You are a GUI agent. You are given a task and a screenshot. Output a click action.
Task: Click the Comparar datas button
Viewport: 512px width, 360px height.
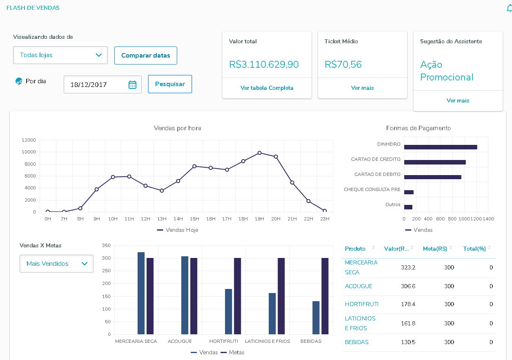[x=145, y=56]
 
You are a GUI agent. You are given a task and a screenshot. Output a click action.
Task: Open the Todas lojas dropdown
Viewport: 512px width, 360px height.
[x=60, y=55]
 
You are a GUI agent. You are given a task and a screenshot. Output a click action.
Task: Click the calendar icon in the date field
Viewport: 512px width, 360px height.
[x=132, y=84]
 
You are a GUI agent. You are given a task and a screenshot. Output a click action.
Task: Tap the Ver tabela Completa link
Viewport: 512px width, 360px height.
[x=267, y=88]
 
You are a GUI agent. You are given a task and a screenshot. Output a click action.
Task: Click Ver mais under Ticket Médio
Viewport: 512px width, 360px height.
[x=362, y=88]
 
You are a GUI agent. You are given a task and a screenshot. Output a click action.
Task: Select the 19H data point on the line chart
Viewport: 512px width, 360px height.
[x=259, y=153]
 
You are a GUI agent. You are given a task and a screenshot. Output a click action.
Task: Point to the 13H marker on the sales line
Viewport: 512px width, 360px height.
[x=162, y=191]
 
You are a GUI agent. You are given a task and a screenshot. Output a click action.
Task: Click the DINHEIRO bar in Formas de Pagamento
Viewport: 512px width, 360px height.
[x=440, y=147]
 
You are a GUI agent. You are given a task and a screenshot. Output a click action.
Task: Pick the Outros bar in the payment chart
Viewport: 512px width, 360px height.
[x=408, y=207]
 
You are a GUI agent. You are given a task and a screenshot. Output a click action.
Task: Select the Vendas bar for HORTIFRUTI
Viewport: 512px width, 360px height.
[x=228, y=311]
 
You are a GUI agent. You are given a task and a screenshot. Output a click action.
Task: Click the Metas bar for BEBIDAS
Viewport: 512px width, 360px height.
[x=325, y=296]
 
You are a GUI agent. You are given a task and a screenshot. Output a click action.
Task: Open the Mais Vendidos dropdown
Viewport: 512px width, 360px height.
[x=56, y=264]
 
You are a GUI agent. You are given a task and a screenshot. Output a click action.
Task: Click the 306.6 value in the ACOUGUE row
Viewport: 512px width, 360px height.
[x=408, y=286]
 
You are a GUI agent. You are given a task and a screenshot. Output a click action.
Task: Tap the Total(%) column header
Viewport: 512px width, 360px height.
[x=474, y=249]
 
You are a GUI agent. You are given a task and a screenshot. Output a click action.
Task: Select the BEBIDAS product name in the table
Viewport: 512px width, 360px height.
[x=356, y=342]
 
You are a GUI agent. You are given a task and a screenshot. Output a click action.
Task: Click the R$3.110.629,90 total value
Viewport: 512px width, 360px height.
[x=264, y=64]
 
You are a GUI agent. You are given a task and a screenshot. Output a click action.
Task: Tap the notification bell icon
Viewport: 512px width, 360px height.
[x=509, y=8]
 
